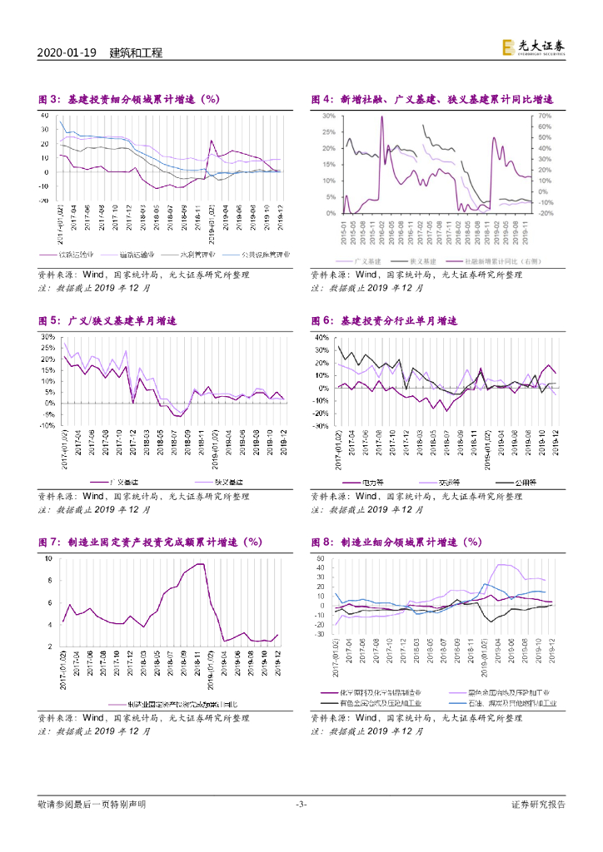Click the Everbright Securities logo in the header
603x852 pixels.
pyautogui.click(x=534, y=49)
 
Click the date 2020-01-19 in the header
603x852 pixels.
pyautogui.click(x=68, y=52)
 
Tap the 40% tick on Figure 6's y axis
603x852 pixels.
pyautogui.click(x=321, y=338)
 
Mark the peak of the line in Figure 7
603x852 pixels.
pyautogui.click(x=201, y=564)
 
